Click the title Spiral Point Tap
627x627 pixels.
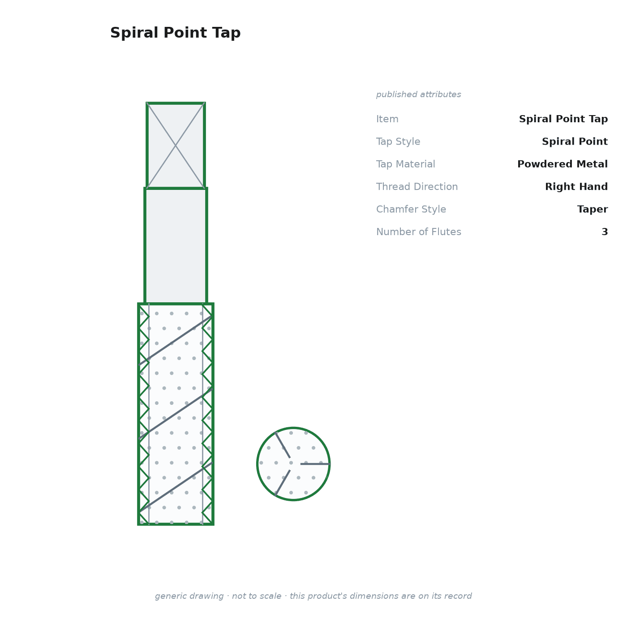click(x=176, y=33)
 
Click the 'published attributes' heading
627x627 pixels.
click(x=418, y=94)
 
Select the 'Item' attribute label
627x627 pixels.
click(x=387, y=119)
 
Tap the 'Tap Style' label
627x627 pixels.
click(x=398, y=142)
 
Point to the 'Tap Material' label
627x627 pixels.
click(x=406, y=164)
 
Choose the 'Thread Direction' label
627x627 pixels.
click(x=417, y=186)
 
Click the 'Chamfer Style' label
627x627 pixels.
click(x=411, y=209)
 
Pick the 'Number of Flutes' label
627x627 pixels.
click(x=419, y=232)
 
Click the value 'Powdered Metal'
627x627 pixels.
click(x=562, y=164)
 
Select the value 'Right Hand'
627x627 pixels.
click(x=576, y=186)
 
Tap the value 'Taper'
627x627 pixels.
click(x=592, y=209)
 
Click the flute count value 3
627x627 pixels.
click(x=605, y=232)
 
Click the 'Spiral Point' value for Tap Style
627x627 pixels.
click(x=575, y=142)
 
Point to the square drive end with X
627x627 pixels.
click(x=176, y=146)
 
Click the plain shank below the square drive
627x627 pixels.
click(x=176, y=246)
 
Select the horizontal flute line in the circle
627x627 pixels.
click(x=315, y=464)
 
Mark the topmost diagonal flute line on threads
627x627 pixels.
click(x=176, y=340)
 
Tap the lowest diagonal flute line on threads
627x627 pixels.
click(x=176, y=487)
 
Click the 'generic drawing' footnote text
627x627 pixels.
click(x=313, y=596)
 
